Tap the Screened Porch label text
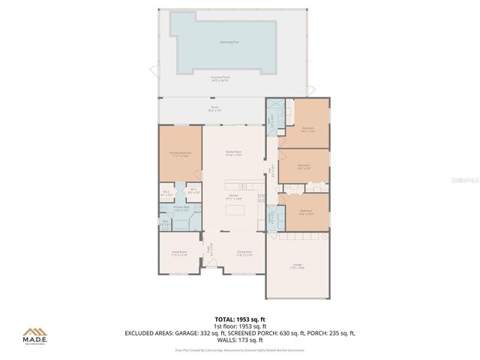tap(220, 77)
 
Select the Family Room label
tap(233, 152)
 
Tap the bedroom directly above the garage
tap(304, 213)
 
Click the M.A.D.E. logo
tap(34, 337)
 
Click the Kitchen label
tap(233, 196)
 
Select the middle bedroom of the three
tap(304, 166)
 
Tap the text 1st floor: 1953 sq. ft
tap(240, 326)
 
